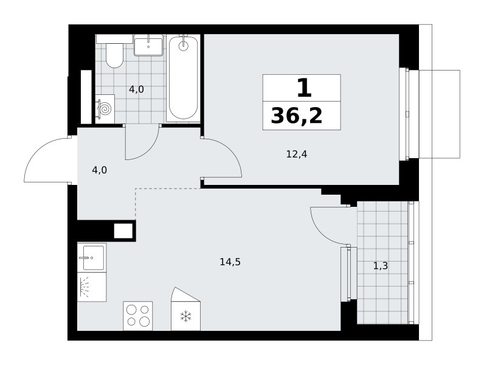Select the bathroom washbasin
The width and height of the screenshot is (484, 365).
click(x=148, y=46)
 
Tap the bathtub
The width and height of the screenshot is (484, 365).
click(x=183, y=78)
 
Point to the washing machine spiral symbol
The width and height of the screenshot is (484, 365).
click(x=105, y=109)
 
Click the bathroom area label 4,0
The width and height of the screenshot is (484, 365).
click(x=136, y=89)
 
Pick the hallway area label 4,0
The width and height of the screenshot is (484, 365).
click(x=99, y=170)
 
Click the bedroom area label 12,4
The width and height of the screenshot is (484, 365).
click(x=297, y=154)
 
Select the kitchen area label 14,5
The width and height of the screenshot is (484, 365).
click(x=230, y=262)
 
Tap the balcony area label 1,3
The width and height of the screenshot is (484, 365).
click(x=381, y=266)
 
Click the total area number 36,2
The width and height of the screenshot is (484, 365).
click(x=297, y=116)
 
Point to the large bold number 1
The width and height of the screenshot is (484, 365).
click(x=305, y=88)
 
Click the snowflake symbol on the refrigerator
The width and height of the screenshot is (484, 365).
click(x=185, y=316)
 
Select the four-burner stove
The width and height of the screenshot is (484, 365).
click(x=137, y=316)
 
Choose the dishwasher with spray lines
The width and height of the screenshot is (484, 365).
click(x=92, y=287)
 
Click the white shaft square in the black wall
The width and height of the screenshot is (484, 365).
click(x=123, y=231)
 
